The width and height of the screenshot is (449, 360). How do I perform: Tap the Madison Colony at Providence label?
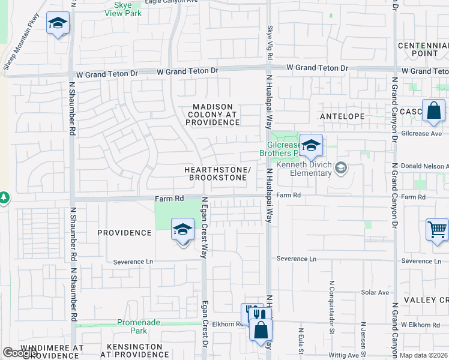coord(212,115)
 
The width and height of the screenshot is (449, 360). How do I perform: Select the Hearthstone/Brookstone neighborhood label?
coord(217,174)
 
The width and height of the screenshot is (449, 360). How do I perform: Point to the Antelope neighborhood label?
coord(339,116)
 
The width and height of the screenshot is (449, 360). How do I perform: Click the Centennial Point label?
coord(423,49)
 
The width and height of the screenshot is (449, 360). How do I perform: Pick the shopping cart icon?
coord(437,229)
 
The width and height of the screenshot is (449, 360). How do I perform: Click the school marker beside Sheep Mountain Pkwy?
coord(58,24)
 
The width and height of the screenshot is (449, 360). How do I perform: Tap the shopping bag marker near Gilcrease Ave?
coord(433,111)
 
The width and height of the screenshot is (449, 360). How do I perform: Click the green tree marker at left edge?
coord(4,197)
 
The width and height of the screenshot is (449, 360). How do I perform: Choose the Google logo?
coord(19,353)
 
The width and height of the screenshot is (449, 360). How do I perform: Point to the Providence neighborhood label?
coord(124,233)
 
